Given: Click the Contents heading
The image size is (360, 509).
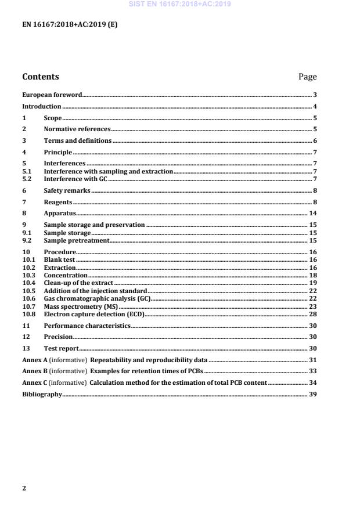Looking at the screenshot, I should coord(41,77).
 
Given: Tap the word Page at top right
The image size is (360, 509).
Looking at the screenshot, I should coord(307,77).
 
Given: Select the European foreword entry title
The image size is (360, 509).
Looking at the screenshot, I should coord(52,95).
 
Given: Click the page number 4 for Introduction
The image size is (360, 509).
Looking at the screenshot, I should coord(314,107).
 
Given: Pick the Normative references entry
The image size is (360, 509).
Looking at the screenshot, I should coord(77,129).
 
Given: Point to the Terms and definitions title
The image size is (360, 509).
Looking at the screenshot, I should coord(78,141).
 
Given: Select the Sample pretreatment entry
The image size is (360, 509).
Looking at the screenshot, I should coord(77,240).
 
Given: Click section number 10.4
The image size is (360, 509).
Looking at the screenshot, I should coord(28,283).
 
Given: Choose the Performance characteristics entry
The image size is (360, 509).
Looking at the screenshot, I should coord(87,326).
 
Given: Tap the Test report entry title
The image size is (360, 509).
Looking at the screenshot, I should coord(62,348).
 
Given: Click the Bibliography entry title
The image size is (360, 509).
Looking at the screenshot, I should coord(42,394).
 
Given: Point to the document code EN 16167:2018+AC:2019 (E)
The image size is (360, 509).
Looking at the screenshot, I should coord(70,25).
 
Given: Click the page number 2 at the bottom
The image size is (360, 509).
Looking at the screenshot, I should coord(24,488).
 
